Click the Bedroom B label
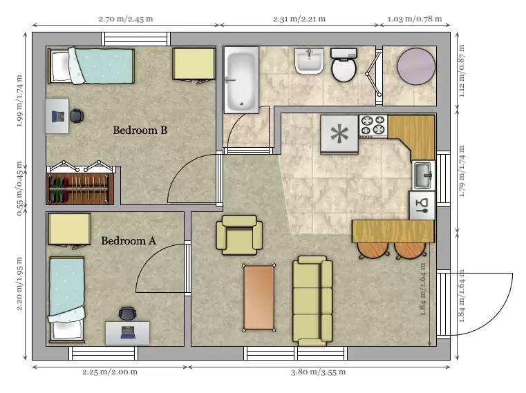point(140,130)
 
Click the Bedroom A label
point(129,241)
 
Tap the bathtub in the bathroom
point(241,79)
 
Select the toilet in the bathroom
point(344,65)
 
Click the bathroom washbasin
point(309,61)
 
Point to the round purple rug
point(416,66)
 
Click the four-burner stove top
point(373,126)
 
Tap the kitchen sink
point(424,175)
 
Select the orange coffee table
point(259,298)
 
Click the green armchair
point(239,235)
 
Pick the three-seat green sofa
point(312,300)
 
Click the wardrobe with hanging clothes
point(79,189)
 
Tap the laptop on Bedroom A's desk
point(127,332)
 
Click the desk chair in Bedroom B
point(77,116)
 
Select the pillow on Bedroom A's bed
point(66,330)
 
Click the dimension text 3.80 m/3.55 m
point(318,372)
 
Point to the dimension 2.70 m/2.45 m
point(126,19)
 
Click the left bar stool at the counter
point(373,250)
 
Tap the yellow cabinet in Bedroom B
point(194,64)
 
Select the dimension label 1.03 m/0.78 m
point(415,19)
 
